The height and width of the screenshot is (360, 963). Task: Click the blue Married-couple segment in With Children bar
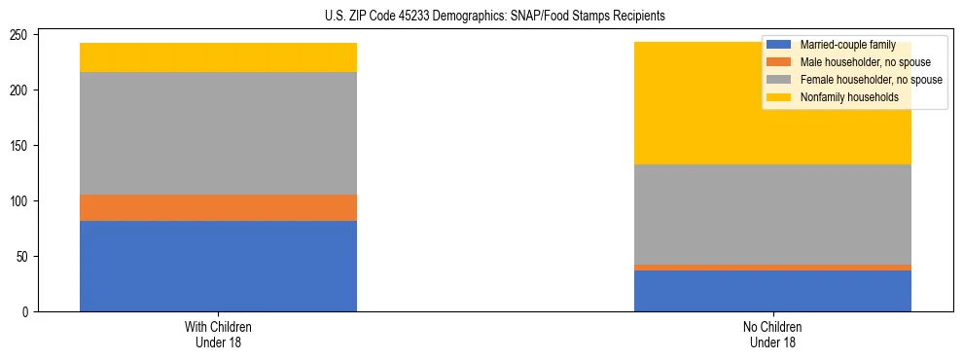pos(218,266)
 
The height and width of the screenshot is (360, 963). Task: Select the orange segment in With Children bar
pos(218,207)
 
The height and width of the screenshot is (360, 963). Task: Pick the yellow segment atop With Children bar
pos(218,57)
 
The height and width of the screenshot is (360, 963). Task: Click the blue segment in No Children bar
pos(772,291)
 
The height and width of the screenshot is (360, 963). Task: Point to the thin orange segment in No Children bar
pos(772,268)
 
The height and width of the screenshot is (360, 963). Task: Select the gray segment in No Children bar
pos(772,214)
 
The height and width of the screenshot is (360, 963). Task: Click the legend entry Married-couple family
pos(845,45)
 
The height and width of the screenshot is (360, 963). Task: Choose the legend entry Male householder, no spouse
pos(857,62)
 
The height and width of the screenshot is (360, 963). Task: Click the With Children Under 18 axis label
pos(218,334)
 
